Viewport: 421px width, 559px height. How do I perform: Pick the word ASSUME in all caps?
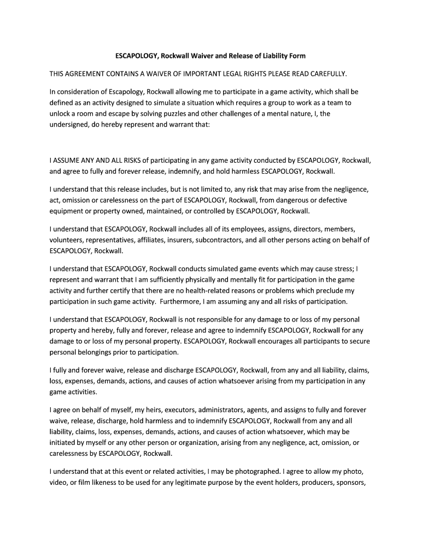69,161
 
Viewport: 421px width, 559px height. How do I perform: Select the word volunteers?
68,240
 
